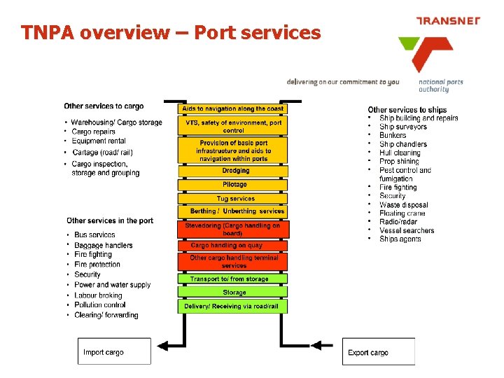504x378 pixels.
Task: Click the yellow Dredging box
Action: pos(233,170)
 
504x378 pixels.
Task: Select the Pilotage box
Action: pos(233,185)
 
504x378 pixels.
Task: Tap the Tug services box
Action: pos(233,199)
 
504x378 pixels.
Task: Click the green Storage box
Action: pos(233,293)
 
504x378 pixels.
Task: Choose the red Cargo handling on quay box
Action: pos(233,246)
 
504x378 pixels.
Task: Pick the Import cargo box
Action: pos(113,351)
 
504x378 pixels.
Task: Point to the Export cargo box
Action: pos(378,351)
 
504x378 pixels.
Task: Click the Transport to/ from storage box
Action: pos(233,279)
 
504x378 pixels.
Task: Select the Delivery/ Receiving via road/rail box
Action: pos(233,307)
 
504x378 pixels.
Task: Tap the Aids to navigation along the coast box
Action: pos(233,109)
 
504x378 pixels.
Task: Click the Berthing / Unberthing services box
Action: pos(233,211)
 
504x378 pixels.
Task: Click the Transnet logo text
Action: pos(448,21)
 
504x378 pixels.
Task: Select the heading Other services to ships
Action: pos(407,109)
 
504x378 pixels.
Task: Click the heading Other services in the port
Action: pos(110,220)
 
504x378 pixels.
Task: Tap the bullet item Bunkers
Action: pos(393,136)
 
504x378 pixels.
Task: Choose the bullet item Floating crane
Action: pos(402,213)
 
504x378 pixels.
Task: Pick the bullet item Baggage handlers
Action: pos(104,245)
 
